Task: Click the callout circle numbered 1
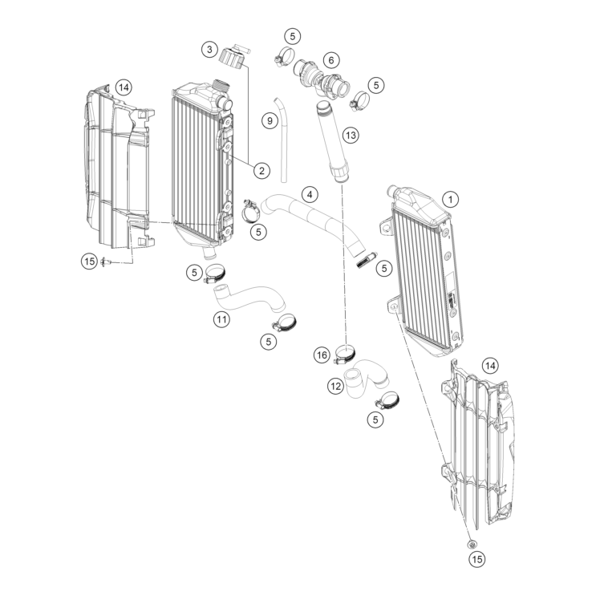point(451,199)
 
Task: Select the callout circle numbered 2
point(262,170)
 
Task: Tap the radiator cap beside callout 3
point(232,57)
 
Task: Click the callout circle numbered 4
point(310,195)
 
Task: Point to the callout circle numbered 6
point(331,60)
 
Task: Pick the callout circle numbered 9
point(270,121)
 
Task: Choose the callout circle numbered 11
point(221,319)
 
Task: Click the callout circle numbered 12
point(335,387)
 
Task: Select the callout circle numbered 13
point(351,135)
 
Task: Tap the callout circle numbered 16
point(322,355)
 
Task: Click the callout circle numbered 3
point(209,50)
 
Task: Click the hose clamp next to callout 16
point(345,354)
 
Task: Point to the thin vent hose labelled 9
point(282,140)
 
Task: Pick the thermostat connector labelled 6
point(322,80)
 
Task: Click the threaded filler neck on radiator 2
point(220,84)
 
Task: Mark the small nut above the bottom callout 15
point(472,544)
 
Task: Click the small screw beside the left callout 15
point(106,262)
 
